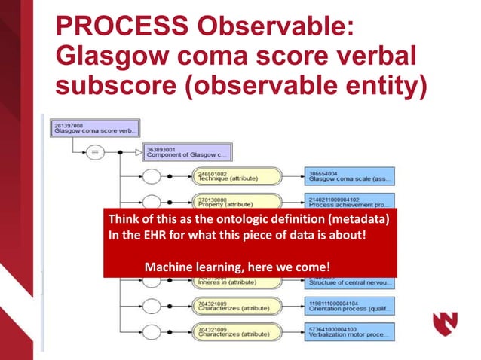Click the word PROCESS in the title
(119, 26)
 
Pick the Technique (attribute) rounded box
(226, 175)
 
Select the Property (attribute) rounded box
(226, 202)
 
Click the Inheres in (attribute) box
(226, 282)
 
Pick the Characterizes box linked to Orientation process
(226, 306)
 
